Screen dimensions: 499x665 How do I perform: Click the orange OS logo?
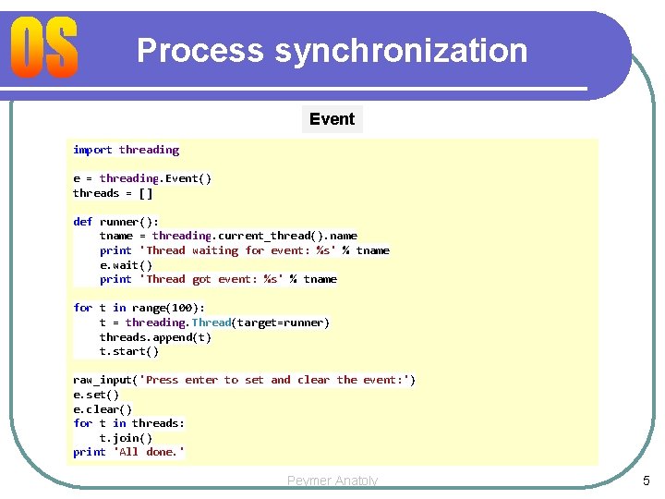45,49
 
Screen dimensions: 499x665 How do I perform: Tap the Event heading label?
332,119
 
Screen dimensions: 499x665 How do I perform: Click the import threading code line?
126,150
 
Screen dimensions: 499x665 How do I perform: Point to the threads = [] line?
113,193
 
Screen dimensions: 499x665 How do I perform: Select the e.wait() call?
126,264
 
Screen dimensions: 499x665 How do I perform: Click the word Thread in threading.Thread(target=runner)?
212,323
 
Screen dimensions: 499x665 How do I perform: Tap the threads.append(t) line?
155,337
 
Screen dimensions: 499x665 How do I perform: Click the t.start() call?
129,351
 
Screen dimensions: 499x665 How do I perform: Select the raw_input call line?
244,380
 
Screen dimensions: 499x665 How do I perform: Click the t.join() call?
126,438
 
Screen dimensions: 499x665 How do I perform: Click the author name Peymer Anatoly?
332,481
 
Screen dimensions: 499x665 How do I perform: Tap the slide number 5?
646,481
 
